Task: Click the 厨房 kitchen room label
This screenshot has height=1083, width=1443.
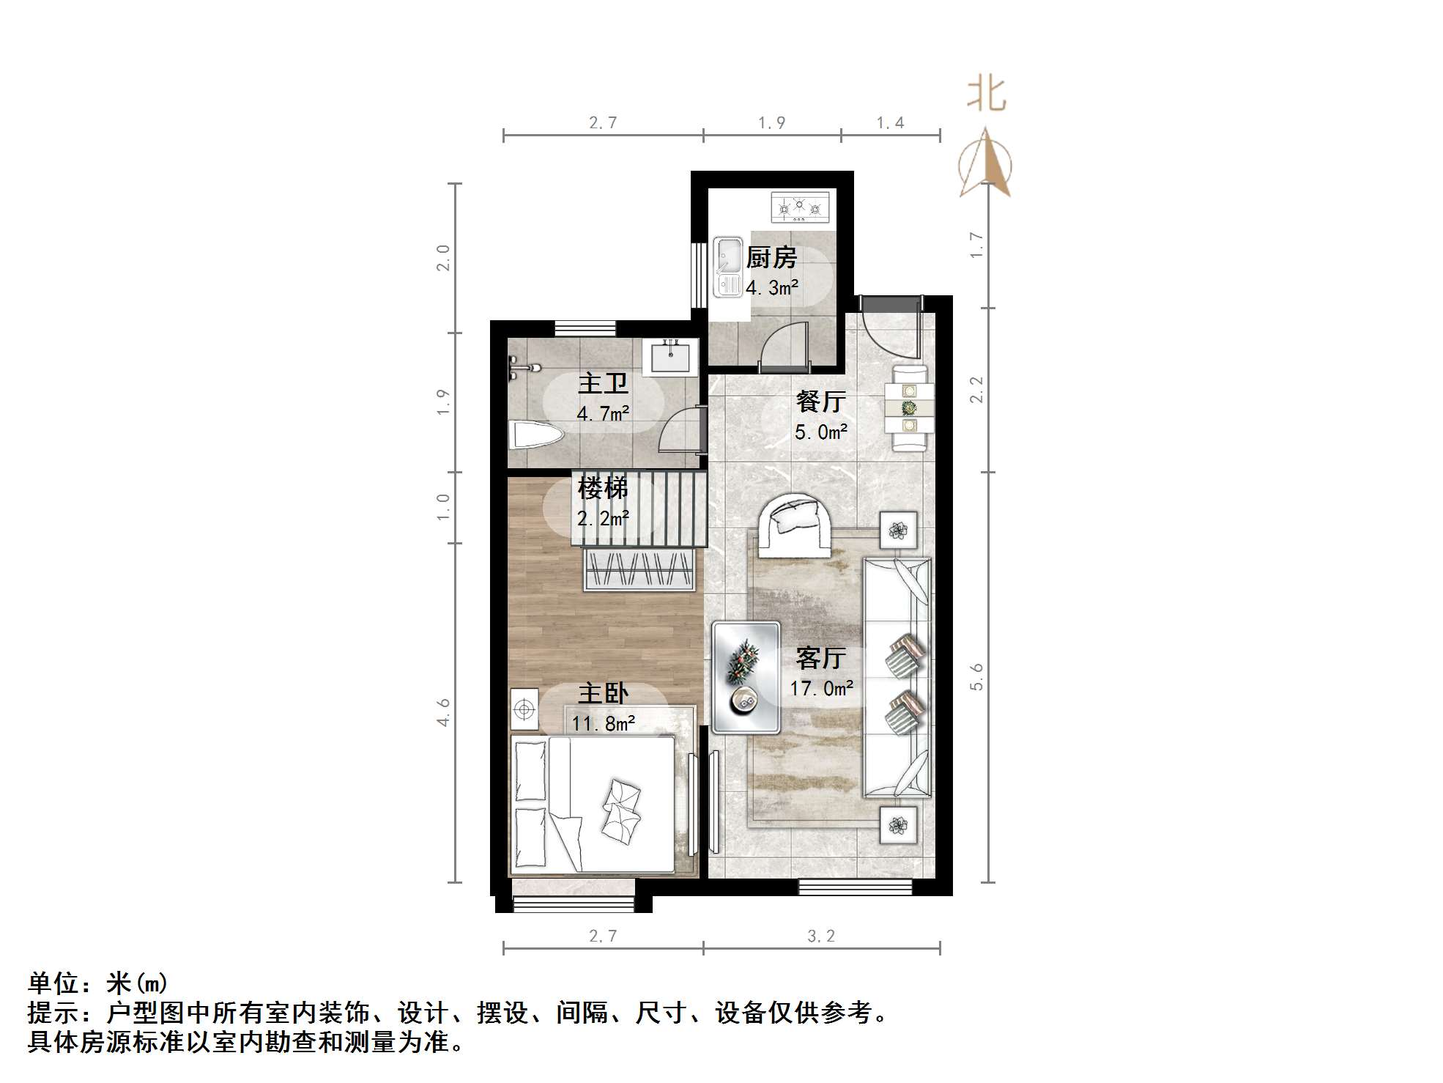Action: click(771, 258)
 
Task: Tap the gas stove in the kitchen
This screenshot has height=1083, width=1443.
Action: click(801, 207)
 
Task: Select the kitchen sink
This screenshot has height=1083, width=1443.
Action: click(727, 267)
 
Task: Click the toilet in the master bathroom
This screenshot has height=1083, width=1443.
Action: click(535, 435)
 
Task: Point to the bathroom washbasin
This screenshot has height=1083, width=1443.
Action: click(669, 358)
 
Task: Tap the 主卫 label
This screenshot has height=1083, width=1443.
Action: click(603, 384)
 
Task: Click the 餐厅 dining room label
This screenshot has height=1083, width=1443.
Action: click(820, 402)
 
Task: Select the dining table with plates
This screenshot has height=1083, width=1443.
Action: click(909, 407)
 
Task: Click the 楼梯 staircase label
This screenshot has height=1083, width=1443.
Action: click(603, 488)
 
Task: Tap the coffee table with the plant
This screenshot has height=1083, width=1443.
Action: click(746, 677)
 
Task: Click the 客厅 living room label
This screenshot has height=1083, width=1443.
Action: click(820, 658)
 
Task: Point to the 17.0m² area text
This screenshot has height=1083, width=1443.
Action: click(821, 689)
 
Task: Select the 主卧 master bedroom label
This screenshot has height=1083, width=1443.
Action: click(603, 693)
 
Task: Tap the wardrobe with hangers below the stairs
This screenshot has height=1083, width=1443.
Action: click(639, 569)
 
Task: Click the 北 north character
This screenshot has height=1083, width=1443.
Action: click(986, 95)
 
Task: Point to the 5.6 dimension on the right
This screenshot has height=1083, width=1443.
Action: click(976, 676)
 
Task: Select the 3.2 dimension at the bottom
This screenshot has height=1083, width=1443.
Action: click(820, 936)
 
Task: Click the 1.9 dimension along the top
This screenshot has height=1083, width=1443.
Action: click(771, 123)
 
